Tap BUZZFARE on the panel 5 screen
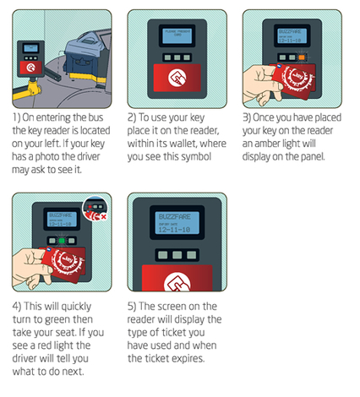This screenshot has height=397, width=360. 178,217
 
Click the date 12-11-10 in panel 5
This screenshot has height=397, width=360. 178,230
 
